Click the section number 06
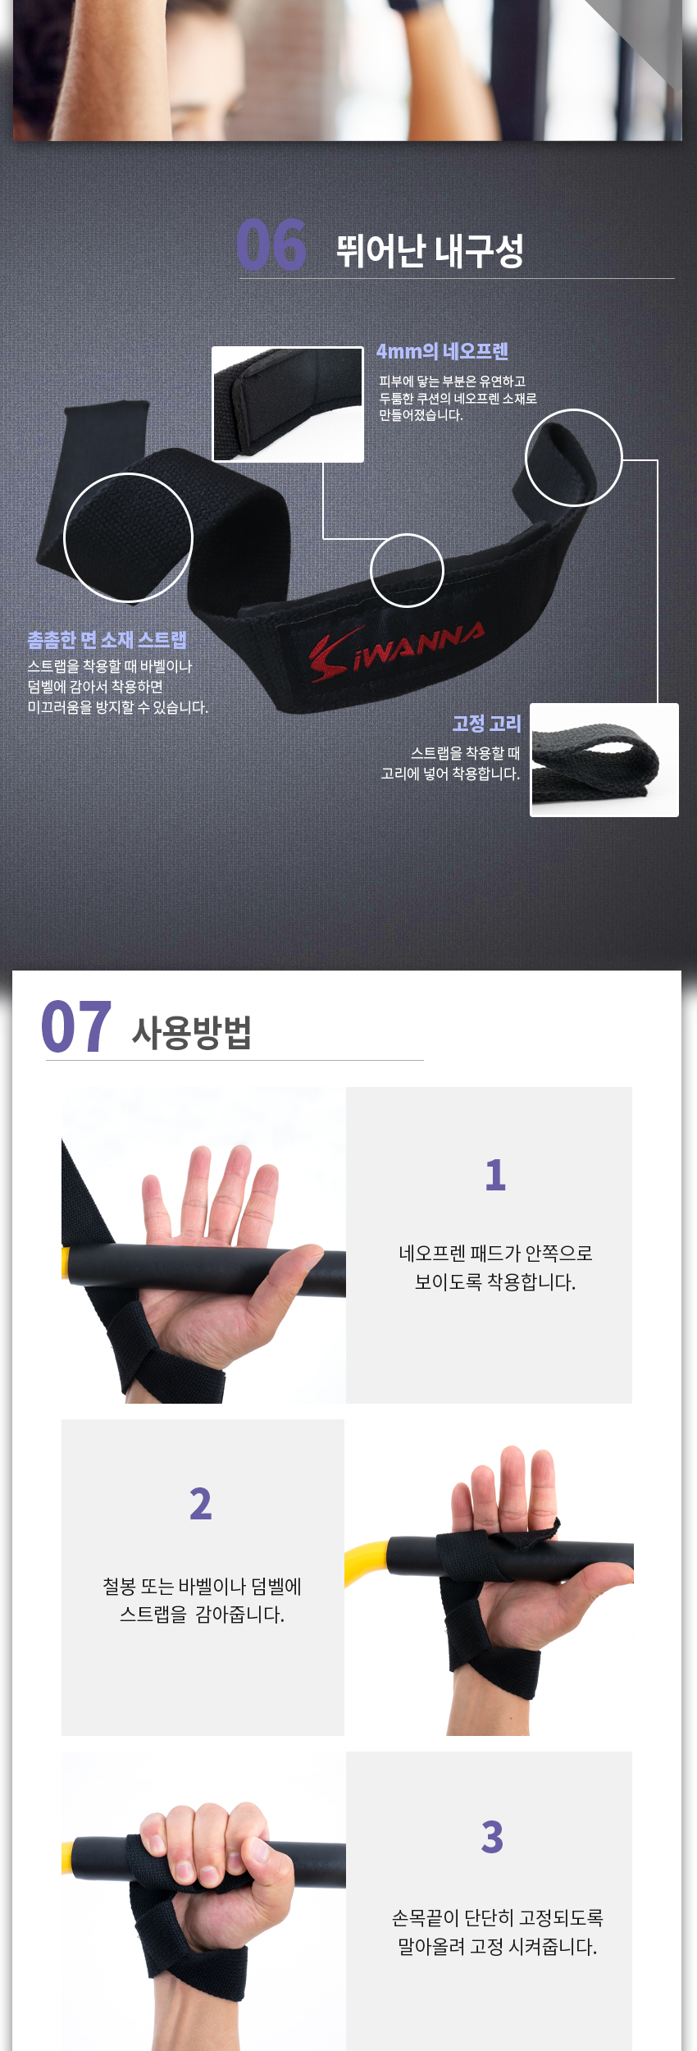pos(271,244)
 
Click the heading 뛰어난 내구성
pos(429,249)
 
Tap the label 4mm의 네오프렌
pos(442,351)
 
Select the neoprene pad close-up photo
pos(288,404)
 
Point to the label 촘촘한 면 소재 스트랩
pos(107,640)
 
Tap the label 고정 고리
pos(486,724)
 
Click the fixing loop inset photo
pos(604,760)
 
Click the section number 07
pos(76,1026)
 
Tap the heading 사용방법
pos(192,1032)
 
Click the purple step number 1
pos(495,1175)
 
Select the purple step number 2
pos(201,1504)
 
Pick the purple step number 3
pos(492,1837)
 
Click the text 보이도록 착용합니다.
pos(495,1281)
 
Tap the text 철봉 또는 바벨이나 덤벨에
pos(202,1586)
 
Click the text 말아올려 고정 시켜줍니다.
pos(497,1946)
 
